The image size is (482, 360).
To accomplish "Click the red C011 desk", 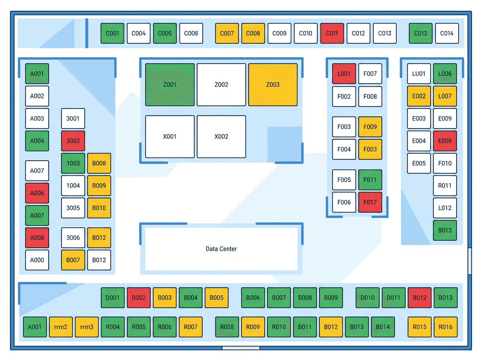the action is (332, 33).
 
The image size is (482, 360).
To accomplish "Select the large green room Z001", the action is (170, 84).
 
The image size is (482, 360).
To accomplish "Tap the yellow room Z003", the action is (273, 84).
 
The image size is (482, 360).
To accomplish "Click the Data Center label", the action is (221, 249).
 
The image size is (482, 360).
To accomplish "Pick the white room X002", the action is (221, 136).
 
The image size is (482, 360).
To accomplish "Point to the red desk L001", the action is (344, 74).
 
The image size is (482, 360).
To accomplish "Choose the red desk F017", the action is (370, 202).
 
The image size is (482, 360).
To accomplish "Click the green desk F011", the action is (370, 180).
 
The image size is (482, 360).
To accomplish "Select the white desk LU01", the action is (419, 74).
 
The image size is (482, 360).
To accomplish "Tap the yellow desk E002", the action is (419, 96).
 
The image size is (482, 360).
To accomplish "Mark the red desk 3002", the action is (73, 141).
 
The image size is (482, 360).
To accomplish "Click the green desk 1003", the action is (73, 163).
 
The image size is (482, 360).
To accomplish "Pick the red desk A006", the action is (37, 193).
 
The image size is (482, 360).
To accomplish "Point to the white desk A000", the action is (37, 260).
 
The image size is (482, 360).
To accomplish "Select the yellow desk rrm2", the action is (61, 327).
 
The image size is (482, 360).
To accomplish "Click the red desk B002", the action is (139, 298).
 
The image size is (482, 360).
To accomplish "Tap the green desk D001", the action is (112, 298).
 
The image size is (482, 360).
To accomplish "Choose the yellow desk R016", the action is (445, 327).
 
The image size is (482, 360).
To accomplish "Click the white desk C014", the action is (447, 33).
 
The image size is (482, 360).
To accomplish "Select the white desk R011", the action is (445, 185).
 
